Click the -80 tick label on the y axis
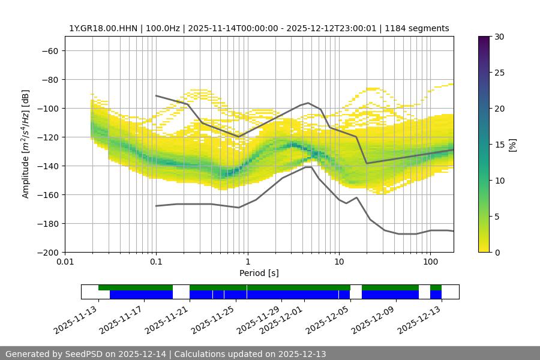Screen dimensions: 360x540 click(49, 79)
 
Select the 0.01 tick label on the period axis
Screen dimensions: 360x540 click(65, 262)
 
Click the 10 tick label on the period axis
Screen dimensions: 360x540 click(339, 262)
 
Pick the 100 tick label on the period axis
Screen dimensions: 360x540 click(430, 262)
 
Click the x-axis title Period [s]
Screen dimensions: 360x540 click(259, 273)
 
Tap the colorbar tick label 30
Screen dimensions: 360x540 click(499, 37)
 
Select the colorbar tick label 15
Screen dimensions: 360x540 click(499, 145)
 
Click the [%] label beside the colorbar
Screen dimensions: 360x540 click(512, 145)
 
